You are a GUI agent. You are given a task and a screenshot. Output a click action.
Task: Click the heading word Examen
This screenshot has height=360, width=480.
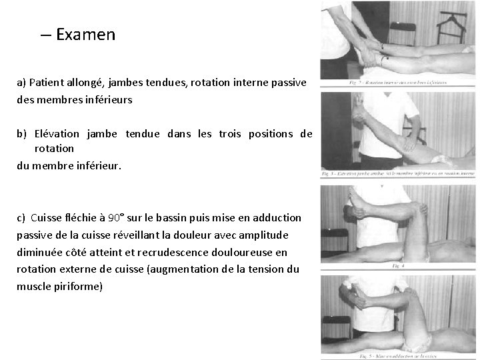click(86, 35)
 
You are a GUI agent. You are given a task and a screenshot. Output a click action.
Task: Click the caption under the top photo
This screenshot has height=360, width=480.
click(399, 83)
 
